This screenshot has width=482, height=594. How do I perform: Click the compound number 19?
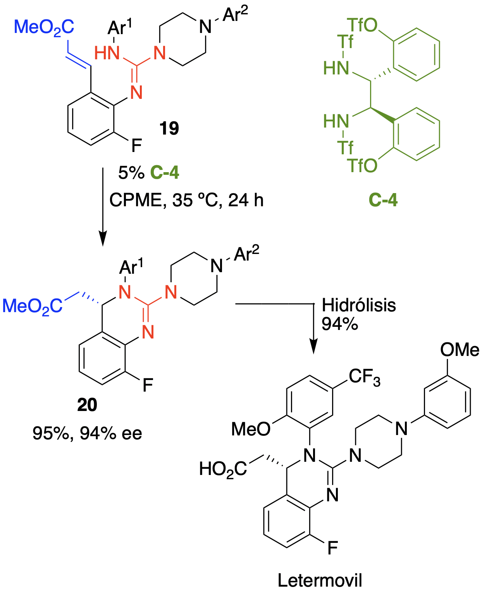169,128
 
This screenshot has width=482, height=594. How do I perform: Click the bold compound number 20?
87,405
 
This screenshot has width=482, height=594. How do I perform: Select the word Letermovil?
320,580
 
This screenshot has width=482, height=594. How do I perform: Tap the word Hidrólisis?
359,305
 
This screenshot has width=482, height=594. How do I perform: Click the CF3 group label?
364,376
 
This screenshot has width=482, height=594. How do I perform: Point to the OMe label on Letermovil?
460,350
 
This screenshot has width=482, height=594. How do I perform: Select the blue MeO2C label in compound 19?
44,28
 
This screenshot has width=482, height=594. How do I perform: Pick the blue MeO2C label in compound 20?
33,306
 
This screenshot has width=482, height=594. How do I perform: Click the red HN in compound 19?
107,53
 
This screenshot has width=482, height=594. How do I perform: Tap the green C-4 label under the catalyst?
383,200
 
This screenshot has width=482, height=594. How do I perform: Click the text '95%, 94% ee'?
87,433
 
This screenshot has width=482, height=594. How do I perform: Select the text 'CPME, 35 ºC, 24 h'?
186,200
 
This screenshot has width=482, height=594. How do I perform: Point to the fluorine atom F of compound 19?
136,146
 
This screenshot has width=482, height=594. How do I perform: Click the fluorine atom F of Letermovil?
332,548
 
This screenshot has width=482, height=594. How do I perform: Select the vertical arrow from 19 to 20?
103,205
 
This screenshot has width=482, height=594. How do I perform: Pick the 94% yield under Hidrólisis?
339,324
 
